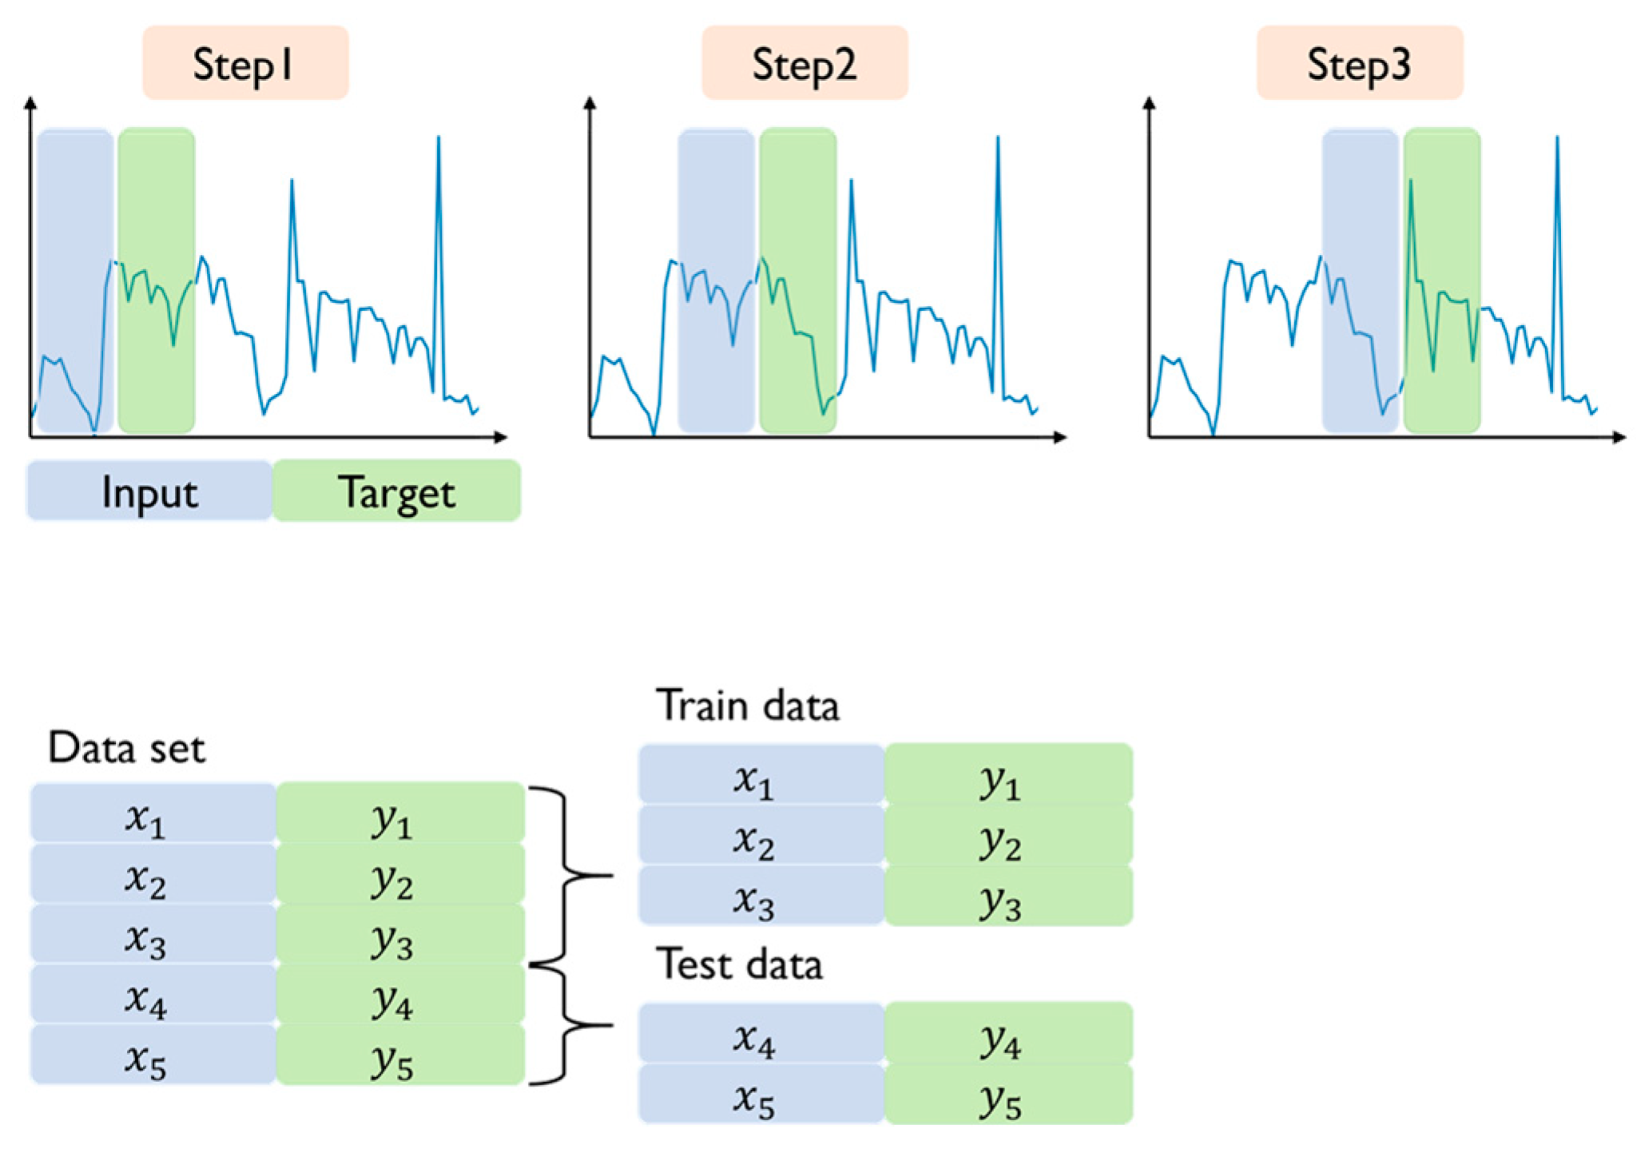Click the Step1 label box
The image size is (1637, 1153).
point(245,63)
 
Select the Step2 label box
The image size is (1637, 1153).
point(804,63)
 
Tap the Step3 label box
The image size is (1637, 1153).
point(1359,63)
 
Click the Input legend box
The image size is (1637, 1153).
point(149,491)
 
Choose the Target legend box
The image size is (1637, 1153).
point(396,491)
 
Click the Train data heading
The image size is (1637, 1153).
point(747,706)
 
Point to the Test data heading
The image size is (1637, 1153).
point(739,964)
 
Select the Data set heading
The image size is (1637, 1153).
point(126,748)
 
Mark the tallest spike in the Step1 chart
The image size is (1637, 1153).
point(438,140)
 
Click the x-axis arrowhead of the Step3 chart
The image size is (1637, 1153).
point(1619,437)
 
